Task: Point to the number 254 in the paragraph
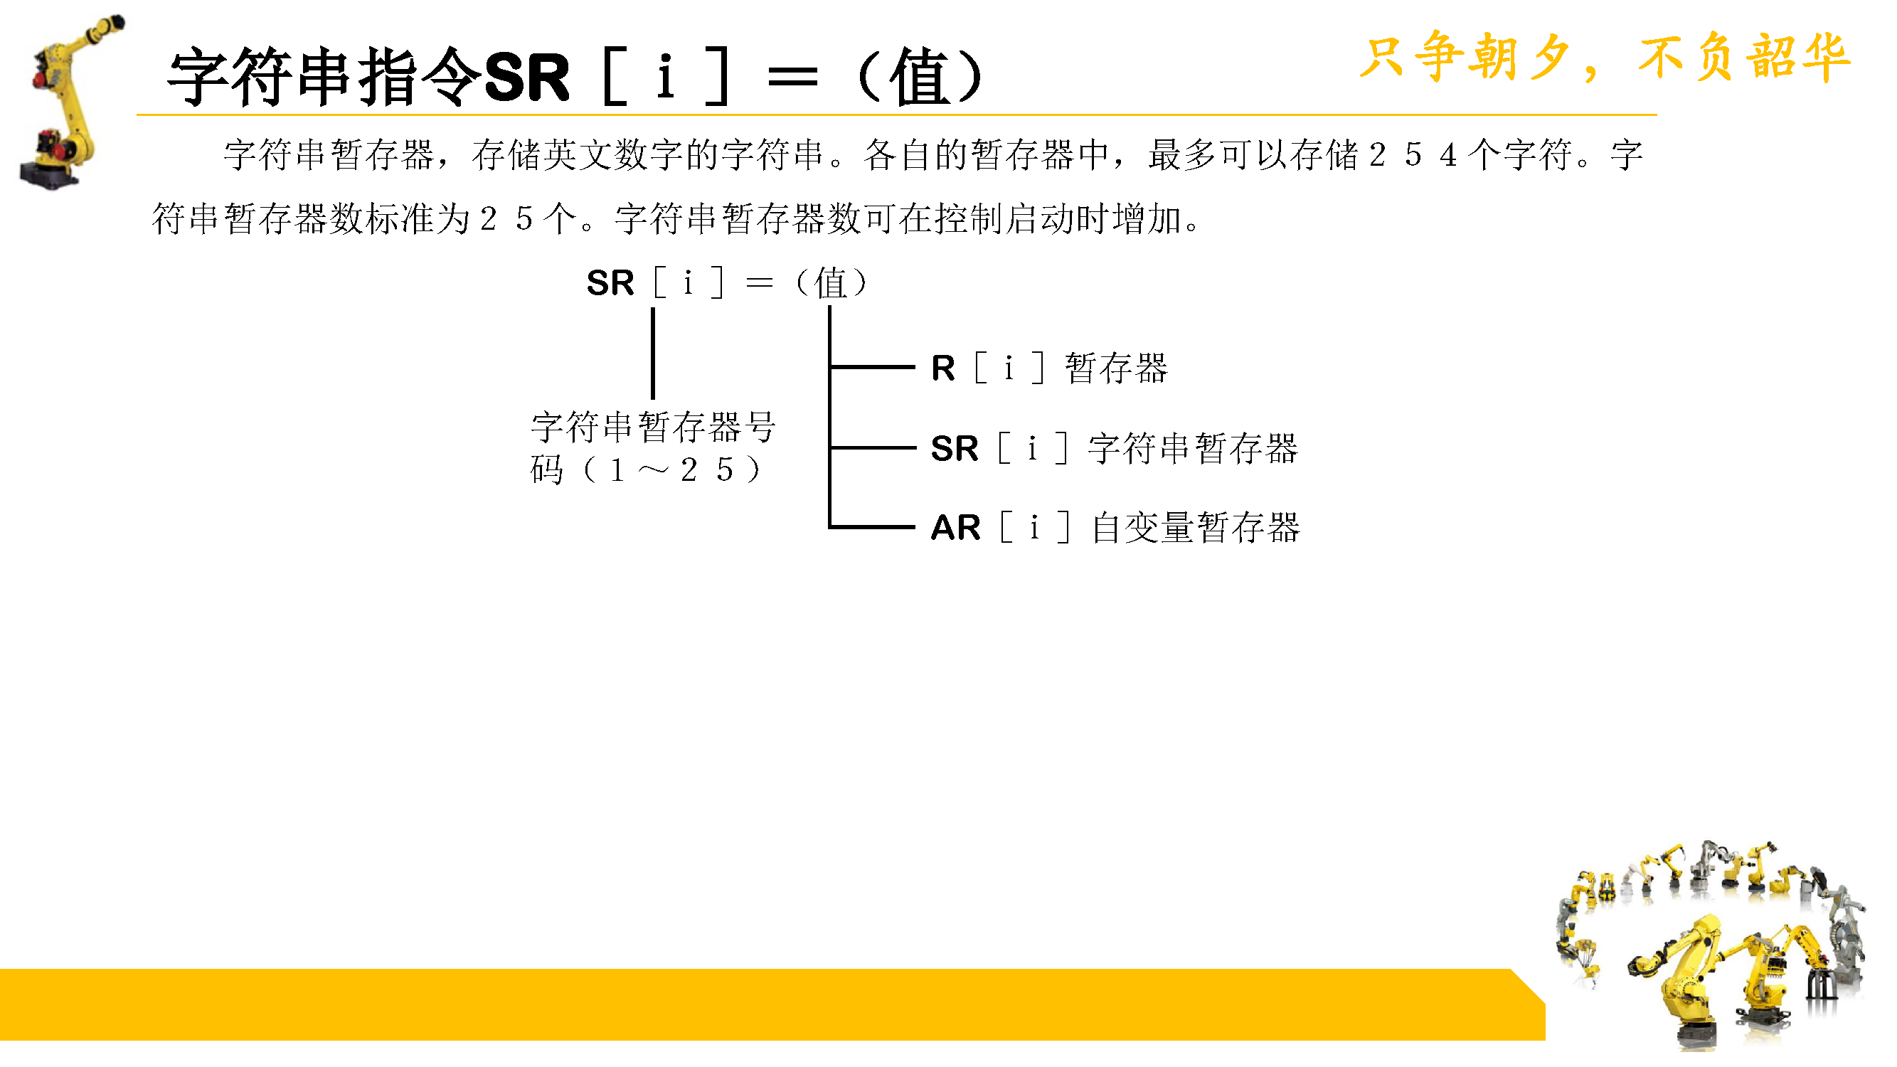pyautogui.click(x=1413, y=155)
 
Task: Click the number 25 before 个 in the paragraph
pyautogui.click(x=506, y=218)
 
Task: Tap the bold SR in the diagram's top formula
pyautogui.click(x=610, y=283)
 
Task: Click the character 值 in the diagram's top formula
pyautogui.click(x=831, y=283)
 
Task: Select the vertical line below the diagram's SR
pyautogui.click(x=653, y=354)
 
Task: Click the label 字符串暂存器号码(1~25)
pyautogui.click(x=652, y=447)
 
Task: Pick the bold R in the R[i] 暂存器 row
pyautogui.click(x=943, y=368)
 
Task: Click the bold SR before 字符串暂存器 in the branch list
pyautogui.click(x=955, y=448)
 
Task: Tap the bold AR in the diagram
pyautogui.click(x=956, y=528)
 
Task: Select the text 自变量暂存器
pyautogui.click(x=1196, y=528)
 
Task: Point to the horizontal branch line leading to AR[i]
pyautogui.click(x=873, y=527)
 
